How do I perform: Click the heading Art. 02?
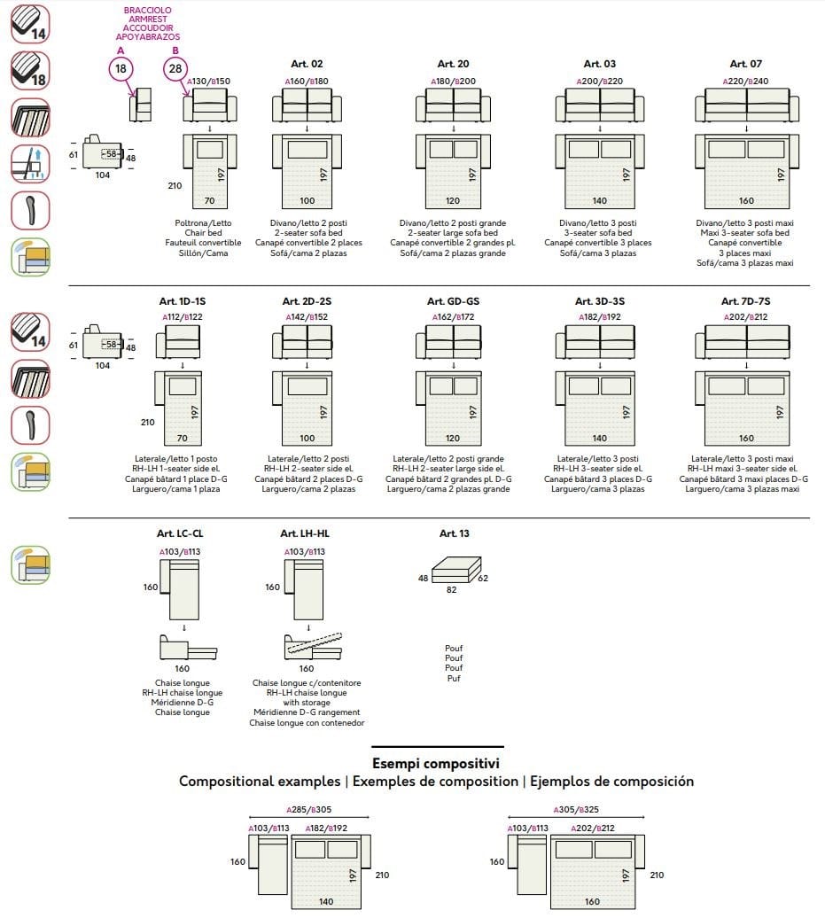point(307,64)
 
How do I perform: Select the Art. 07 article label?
point(745,64)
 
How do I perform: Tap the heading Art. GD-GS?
point(453,301)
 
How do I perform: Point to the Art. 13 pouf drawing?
point(455,568)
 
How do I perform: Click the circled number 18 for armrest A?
point(121,68)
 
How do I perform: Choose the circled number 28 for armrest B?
point(175,68)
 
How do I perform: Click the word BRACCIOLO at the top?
point(147,10)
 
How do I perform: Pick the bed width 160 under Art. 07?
point(746,201)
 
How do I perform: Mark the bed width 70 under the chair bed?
point(209,201)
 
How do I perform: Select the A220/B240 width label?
point(745,82)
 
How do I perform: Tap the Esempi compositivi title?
point(436,763)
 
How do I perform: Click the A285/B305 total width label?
point(308,810)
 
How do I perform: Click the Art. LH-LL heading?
point(305,533)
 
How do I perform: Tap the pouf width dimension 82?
point(451,590)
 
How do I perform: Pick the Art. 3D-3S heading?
point(599,301)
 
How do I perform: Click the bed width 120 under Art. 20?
point(453,201)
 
